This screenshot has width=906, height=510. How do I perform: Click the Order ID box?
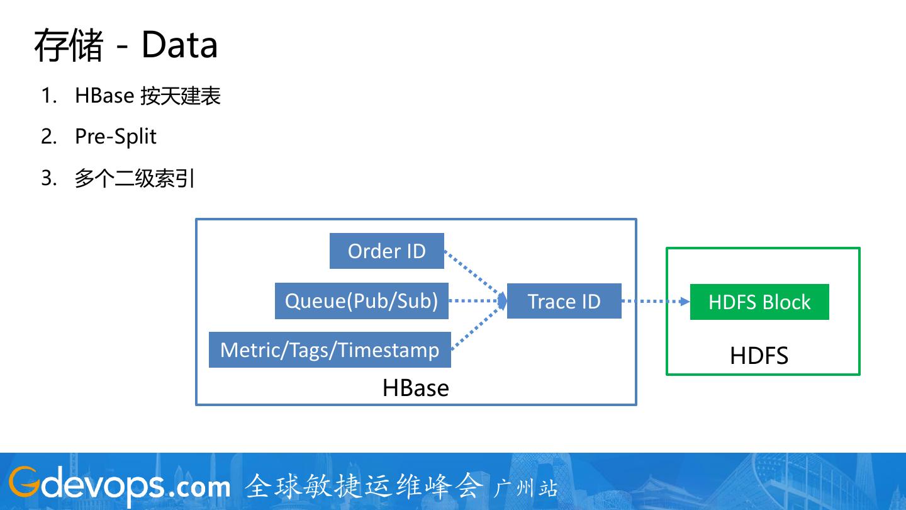point(386,251)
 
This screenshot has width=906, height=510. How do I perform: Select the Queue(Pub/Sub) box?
point(361,301)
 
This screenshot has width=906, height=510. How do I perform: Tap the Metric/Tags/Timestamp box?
point(330,349)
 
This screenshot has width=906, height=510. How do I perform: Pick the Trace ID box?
point(564,301)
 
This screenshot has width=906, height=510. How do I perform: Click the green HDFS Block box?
point(759,302)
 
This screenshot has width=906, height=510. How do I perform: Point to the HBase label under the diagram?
point(415,388)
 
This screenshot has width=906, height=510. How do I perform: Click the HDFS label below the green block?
point(759,356)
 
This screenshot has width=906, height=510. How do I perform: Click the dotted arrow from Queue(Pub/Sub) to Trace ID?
point(477,301)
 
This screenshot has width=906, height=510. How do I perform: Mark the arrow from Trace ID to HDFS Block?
point(655,302)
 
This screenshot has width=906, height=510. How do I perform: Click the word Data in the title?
point(179,45)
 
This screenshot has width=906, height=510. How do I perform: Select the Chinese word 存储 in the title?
point(68,45)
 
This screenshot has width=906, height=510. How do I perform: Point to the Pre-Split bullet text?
point(116,137)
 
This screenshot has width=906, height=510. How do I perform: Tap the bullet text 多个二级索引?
point(135,179)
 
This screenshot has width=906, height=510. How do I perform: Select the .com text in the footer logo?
point(200,486)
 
